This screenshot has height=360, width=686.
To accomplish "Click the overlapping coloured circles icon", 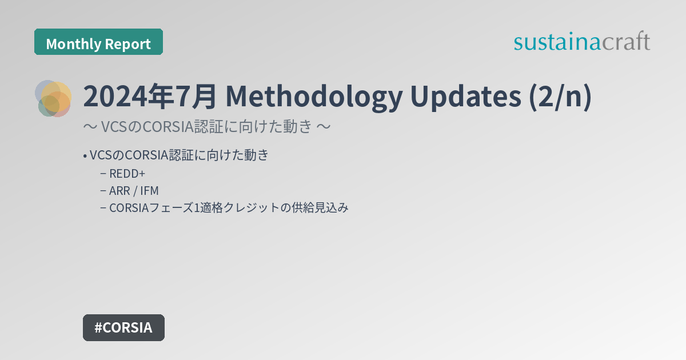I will pos(53,98).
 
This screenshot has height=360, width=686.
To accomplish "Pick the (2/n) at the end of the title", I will pos(559,97).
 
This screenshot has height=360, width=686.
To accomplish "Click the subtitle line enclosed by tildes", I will pos(206,126).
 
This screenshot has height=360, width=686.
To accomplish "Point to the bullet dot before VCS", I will pos(85,155).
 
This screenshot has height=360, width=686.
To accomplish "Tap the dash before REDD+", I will pos(103,174).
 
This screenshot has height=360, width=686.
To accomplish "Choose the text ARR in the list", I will pos(118,191).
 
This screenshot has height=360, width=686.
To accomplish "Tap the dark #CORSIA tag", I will pos(123,327).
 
